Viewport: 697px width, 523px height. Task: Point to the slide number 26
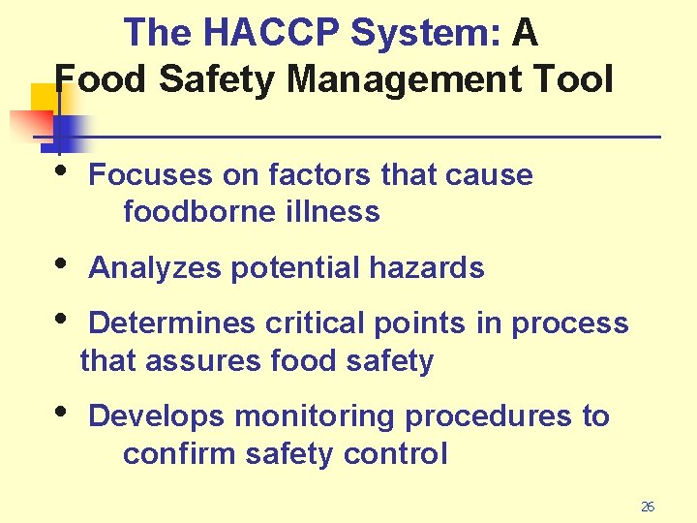(x=648, y=507)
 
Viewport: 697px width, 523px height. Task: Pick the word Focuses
(x=149, y=175)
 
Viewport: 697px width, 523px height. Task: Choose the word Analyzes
(x=155, y=268)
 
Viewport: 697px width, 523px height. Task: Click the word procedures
(x=489, y=417)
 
